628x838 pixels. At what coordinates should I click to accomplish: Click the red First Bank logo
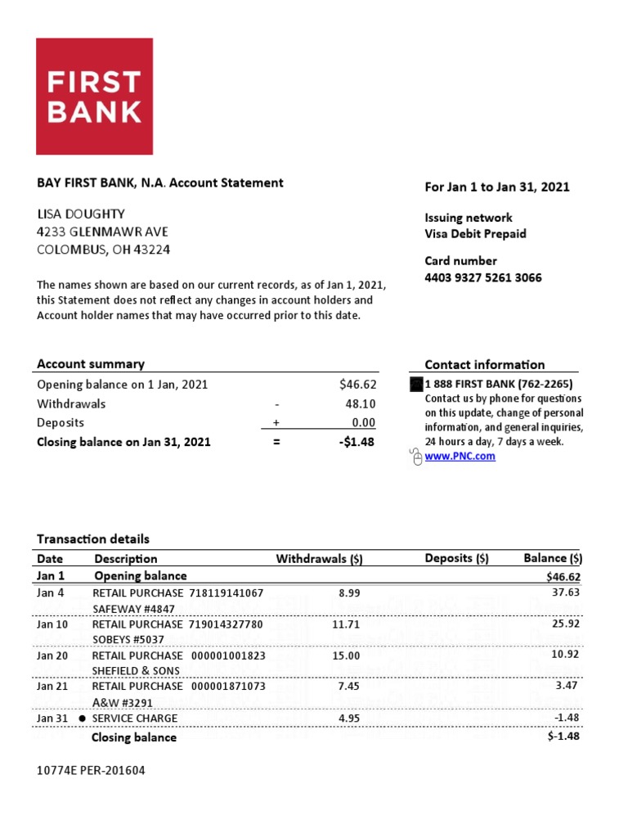[x=94, y=96]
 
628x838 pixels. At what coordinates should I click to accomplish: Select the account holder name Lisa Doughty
[x=81, y=214]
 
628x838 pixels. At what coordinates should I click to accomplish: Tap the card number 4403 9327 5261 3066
[x=482, y=277]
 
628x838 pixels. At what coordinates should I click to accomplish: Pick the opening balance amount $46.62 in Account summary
[x=357, y=385]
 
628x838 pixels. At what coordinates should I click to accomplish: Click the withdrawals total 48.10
[x=361, y=403]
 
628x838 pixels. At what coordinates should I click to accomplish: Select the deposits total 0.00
[x=363, y=422]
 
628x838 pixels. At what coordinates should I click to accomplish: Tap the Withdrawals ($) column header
[x=319, y=559]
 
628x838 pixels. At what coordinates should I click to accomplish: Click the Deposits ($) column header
[x=456, y=558]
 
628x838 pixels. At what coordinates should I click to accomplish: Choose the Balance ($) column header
[x=553, y=558]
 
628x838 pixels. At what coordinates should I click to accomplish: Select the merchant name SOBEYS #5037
[x=128, y=639]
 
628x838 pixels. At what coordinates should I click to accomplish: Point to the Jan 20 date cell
[x=52, y=656]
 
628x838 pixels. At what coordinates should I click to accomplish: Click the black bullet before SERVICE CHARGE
[x=82, y=719]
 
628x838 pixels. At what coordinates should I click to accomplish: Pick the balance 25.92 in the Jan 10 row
[x=565, y=624]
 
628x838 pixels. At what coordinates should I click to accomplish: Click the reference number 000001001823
[x=228, y=656]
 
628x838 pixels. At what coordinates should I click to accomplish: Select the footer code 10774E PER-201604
[x=91, y=771]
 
